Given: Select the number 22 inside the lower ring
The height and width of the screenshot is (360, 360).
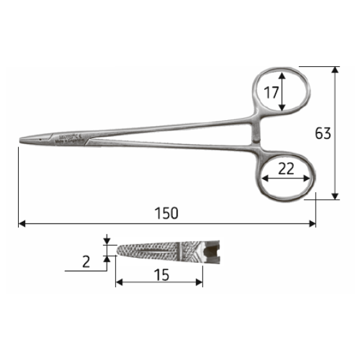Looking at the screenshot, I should click(287, 168).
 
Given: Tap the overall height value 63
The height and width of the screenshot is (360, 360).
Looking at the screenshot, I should click(323, 134).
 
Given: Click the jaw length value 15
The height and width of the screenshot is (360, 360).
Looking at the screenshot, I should click(161, 275).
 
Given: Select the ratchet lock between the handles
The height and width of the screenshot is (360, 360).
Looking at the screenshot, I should click(256, 137).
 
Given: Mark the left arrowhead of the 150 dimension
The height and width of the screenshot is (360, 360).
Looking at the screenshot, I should click(21, 224).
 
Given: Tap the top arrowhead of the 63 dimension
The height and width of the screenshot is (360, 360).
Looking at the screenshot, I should click(334, 69).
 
